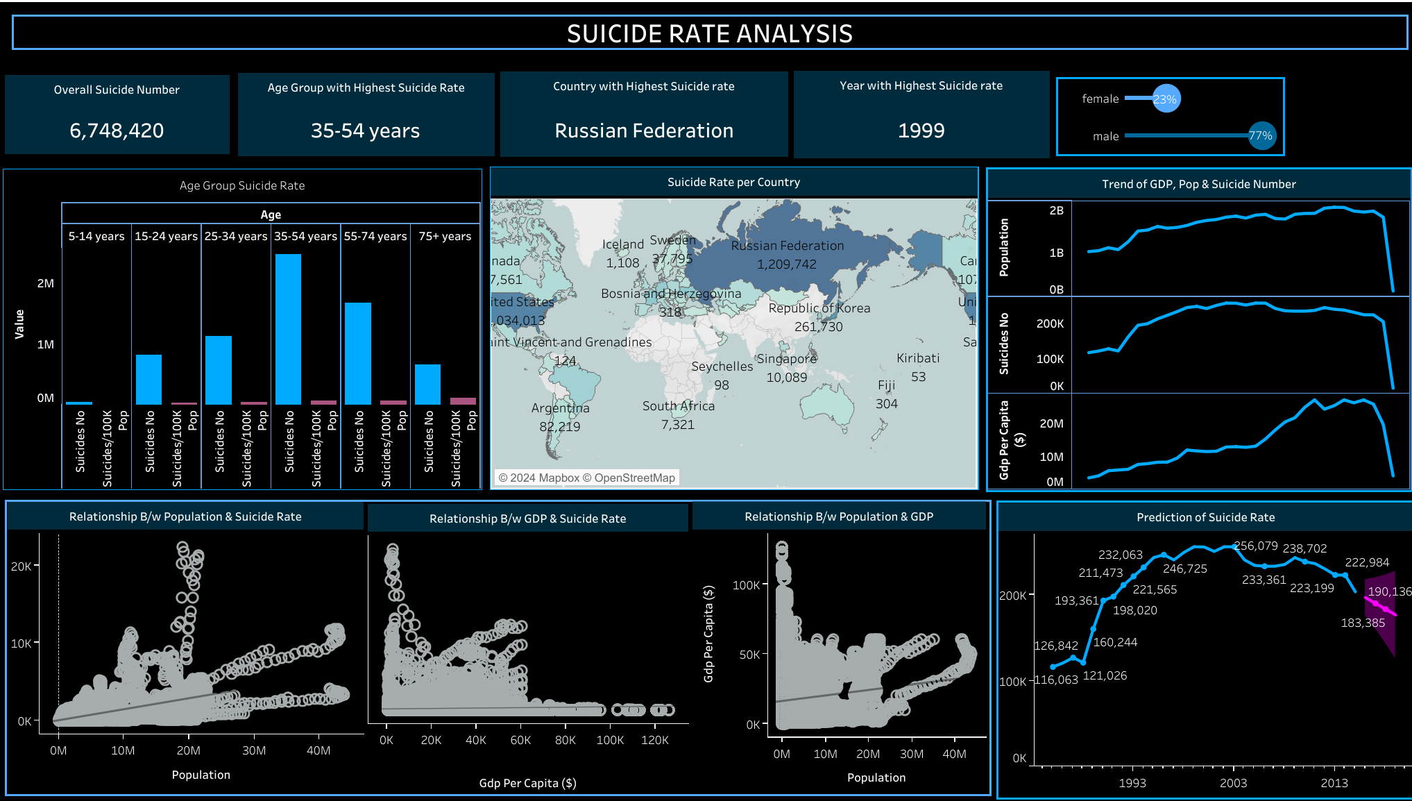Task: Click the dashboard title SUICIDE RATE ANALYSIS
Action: coord(709,33)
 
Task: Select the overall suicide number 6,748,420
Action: coord(117,130)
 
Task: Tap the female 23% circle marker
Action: coord(1166,99)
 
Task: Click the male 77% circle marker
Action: coord(1260,135)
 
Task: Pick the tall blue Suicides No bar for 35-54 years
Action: coord(288,329)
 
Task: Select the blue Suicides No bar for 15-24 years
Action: coord(148,380)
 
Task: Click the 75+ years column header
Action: coord(445,236)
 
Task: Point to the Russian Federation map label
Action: coord(788,246)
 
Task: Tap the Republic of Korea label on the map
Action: coord(819,308)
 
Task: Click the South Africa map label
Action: coord(678,406)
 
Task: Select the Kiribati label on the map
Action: coord(917,358)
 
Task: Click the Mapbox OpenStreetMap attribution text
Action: coord(586,478)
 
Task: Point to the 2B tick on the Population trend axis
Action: coord(1056,210)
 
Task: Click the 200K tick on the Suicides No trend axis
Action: coord(1049,323)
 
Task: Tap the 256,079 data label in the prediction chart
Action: coord(1255,546)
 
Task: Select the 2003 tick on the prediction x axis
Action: coord(1233,783)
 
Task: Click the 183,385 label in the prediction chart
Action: coord(1362,623)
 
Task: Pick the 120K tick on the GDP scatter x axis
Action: coord(654,740)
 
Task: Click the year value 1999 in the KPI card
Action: coord(921,130)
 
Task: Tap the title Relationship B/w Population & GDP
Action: coord(838,516)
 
